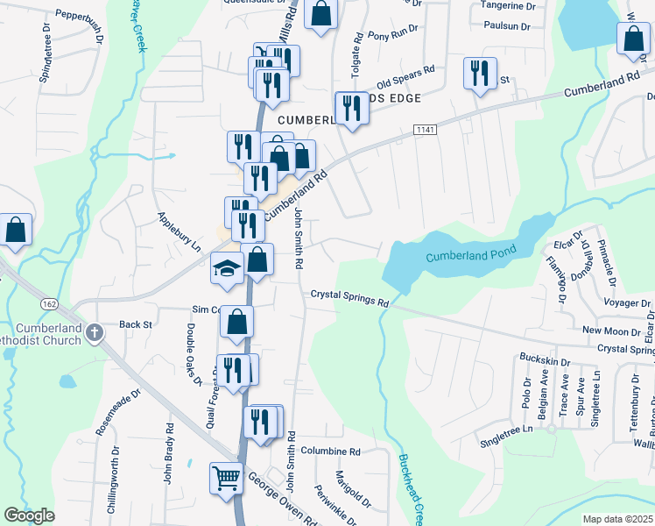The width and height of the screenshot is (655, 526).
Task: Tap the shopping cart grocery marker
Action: pos(226,480)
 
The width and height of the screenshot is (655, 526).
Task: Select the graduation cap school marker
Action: pos(227,269)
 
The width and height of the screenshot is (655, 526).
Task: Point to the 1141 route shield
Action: pos(426,130)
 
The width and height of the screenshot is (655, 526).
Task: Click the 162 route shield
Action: pos(49,304)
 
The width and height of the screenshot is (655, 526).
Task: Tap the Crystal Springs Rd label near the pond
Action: pos(349,298)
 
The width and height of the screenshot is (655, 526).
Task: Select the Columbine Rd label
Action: pos(330,451)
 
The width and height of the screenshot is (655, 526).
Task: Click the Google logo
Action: pos(29,515)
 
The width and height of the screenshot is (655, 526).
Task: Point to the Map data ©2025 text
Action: pos(616,519)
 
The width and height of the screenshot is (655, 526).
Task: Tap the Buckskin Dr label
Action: pos(545,360)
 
